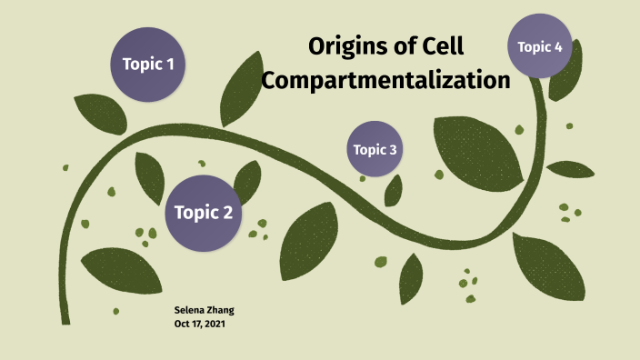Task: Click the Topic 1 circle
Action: (147, 64)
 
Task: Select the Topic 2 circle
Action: (204, 213)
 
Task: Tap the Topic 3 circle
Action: (375, 149)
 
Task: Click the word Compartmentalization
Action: (385, 80)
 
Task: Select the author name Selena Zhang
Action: (204, 310)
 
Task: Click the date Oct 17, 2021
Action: (199, 324)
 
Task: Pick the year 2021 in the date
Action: (215, 324)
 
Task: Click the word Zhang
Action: (221, 310)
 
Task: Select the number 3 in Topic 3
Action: (393, 149)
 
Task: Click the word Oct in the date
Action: (181, 324)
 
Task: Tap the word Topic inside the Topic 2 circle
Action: (194, 213)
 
